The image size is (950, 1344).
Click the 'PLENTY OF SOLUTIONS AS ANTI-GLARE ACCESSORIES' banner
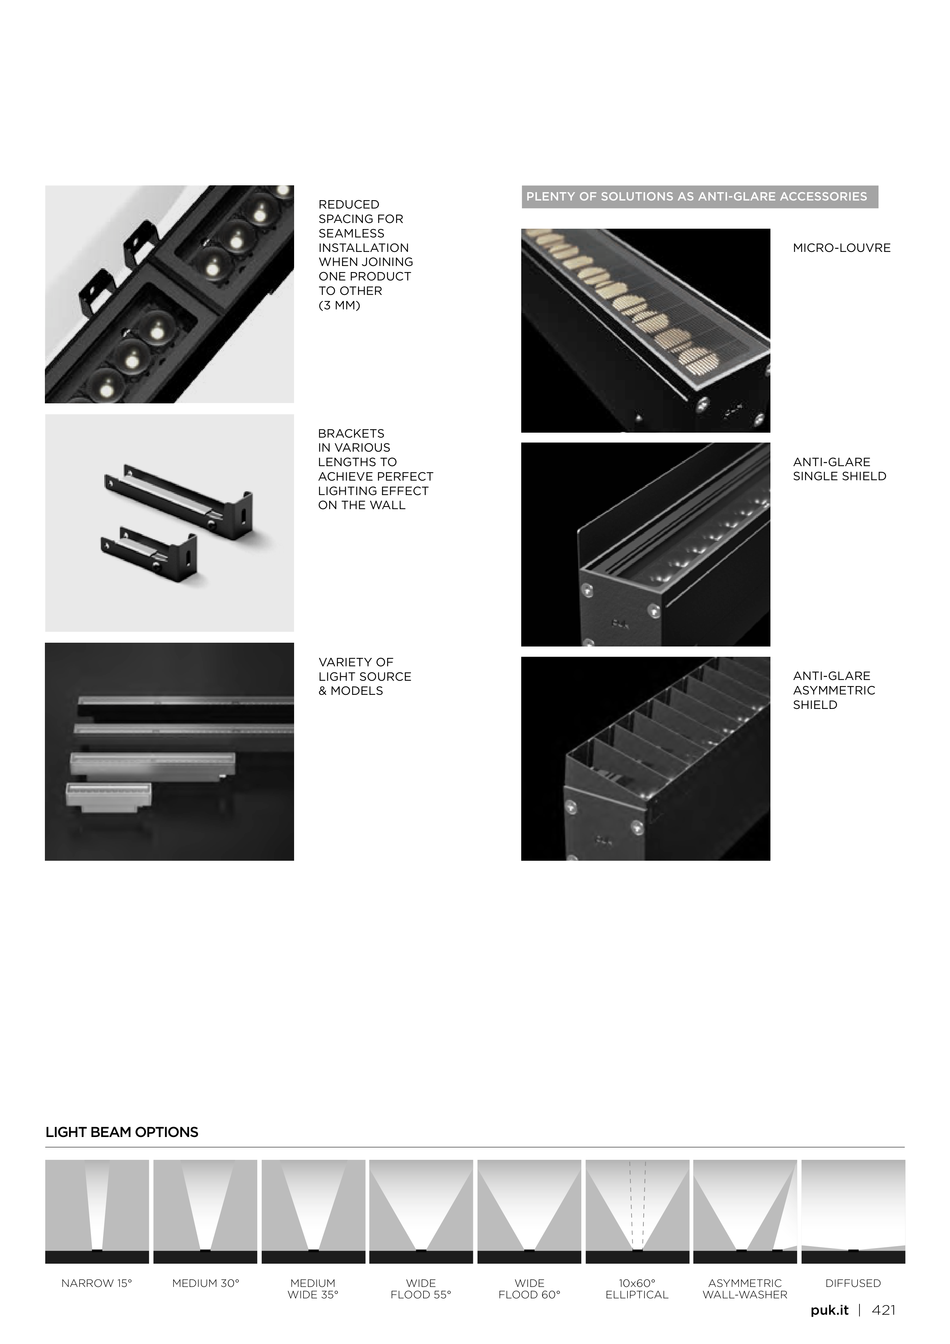click(x=700, y=197)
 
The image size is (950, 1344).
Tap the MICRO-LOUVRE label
click(x=842, y=248)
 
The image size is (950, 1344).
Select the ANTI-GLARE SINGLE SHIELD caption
click(x=839, y=469)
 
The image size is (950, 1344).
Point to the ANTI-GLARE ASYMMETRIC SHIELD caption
click(x=834, y=690)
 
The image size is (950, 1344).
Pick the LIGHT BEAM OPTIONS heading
click(x=122, y=1132)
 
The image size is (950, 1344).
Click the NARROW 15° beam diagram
click(x=97, y=1212)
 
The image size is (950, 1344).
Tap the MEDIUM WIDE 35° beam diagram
click(x=313, y=1212)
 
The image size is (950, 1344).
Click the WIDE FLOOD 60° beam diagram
click(x=529, y=1212)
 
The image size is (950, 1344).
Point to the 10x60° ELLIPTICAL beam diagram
click(x=637, y=1212)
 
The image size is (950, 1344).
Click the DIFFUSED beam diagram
click(x=853, y=1212)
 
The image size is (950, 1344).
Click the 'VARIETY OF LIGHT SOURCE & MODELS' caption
click(x=364, y=677)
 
